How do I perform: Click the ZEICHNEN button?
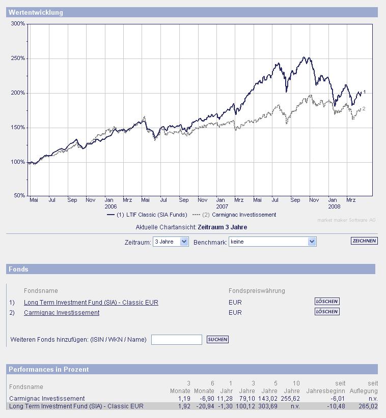364,241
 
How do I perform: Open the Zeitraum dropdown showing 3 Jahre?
171,242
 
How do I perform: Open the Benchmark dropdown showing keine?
272,242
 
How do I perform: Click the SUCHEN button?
217,339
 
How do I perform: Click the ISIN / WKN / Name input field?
176,340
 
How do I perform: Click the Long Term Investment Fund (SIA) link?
91,303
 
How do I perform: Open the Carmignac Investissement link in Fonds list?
62,313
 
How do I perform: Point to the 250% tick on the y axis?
18,58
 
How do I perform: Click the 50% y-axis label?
19,196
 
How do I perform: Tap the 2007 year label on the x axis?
222,207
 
